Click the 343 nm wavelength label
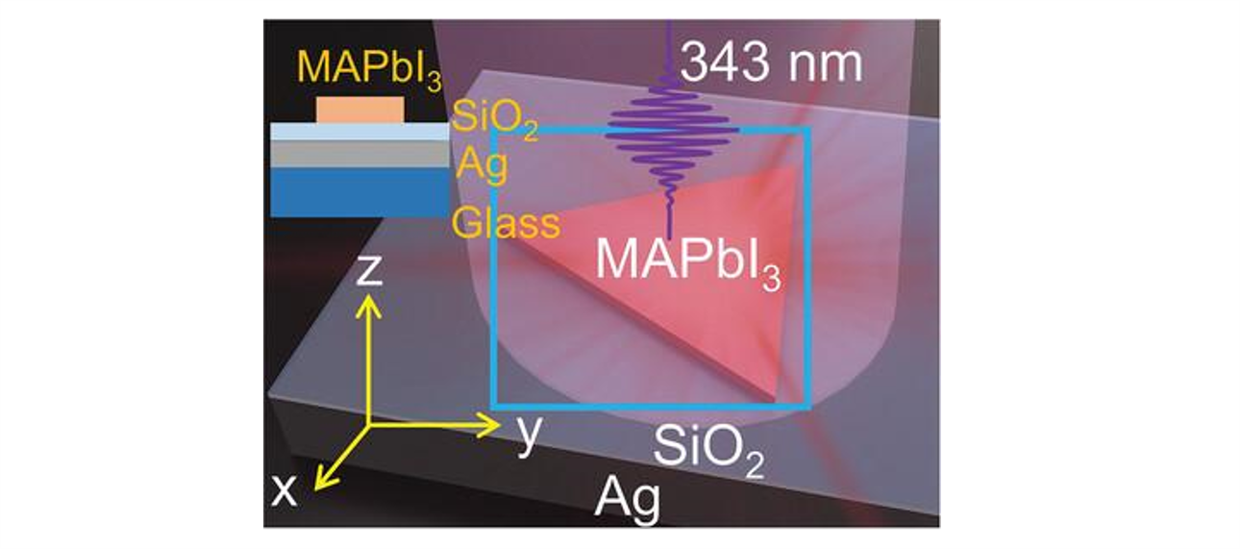click(x=771, y=64)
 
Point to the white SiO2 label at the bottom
click(x=708, y=450)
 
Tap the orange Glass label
click(x=507, y=223)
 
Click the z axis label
click(x=370, y=271)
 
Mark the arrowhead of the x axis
click(x=320, y=482)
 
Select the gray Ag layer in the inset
click(x=360, y=154)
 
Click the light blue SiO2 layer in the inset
click(x=360, y=132)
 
